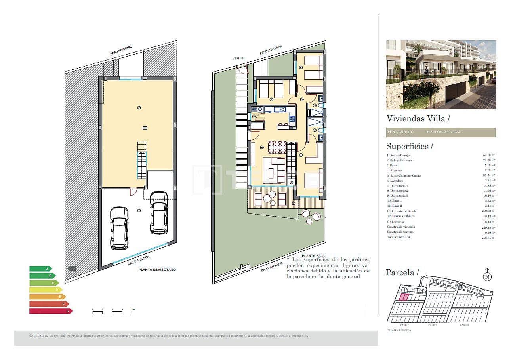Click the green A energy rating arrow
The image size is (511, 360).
pos(40,269)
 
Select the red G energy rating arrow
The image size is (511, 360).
pos(50,311)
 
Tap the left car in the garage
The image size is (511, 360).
pos(119,228)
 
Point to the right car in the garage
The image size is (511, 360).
pos(159,213)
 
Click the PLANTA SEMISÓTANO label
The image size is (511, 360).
pos(157,270)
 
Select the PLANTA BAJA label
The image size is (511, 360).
pos(311,256)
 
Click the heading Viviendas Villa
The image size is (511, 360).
pos(418,118)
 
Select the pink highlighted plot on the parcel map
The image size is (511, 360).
pos(403,297)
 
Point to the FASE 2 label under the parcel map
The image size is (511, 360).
pos(432,325)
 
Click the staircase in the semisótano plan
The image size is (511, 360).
pos(142,160)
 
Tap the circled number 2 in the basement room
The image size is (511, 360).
pos(139,107)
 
